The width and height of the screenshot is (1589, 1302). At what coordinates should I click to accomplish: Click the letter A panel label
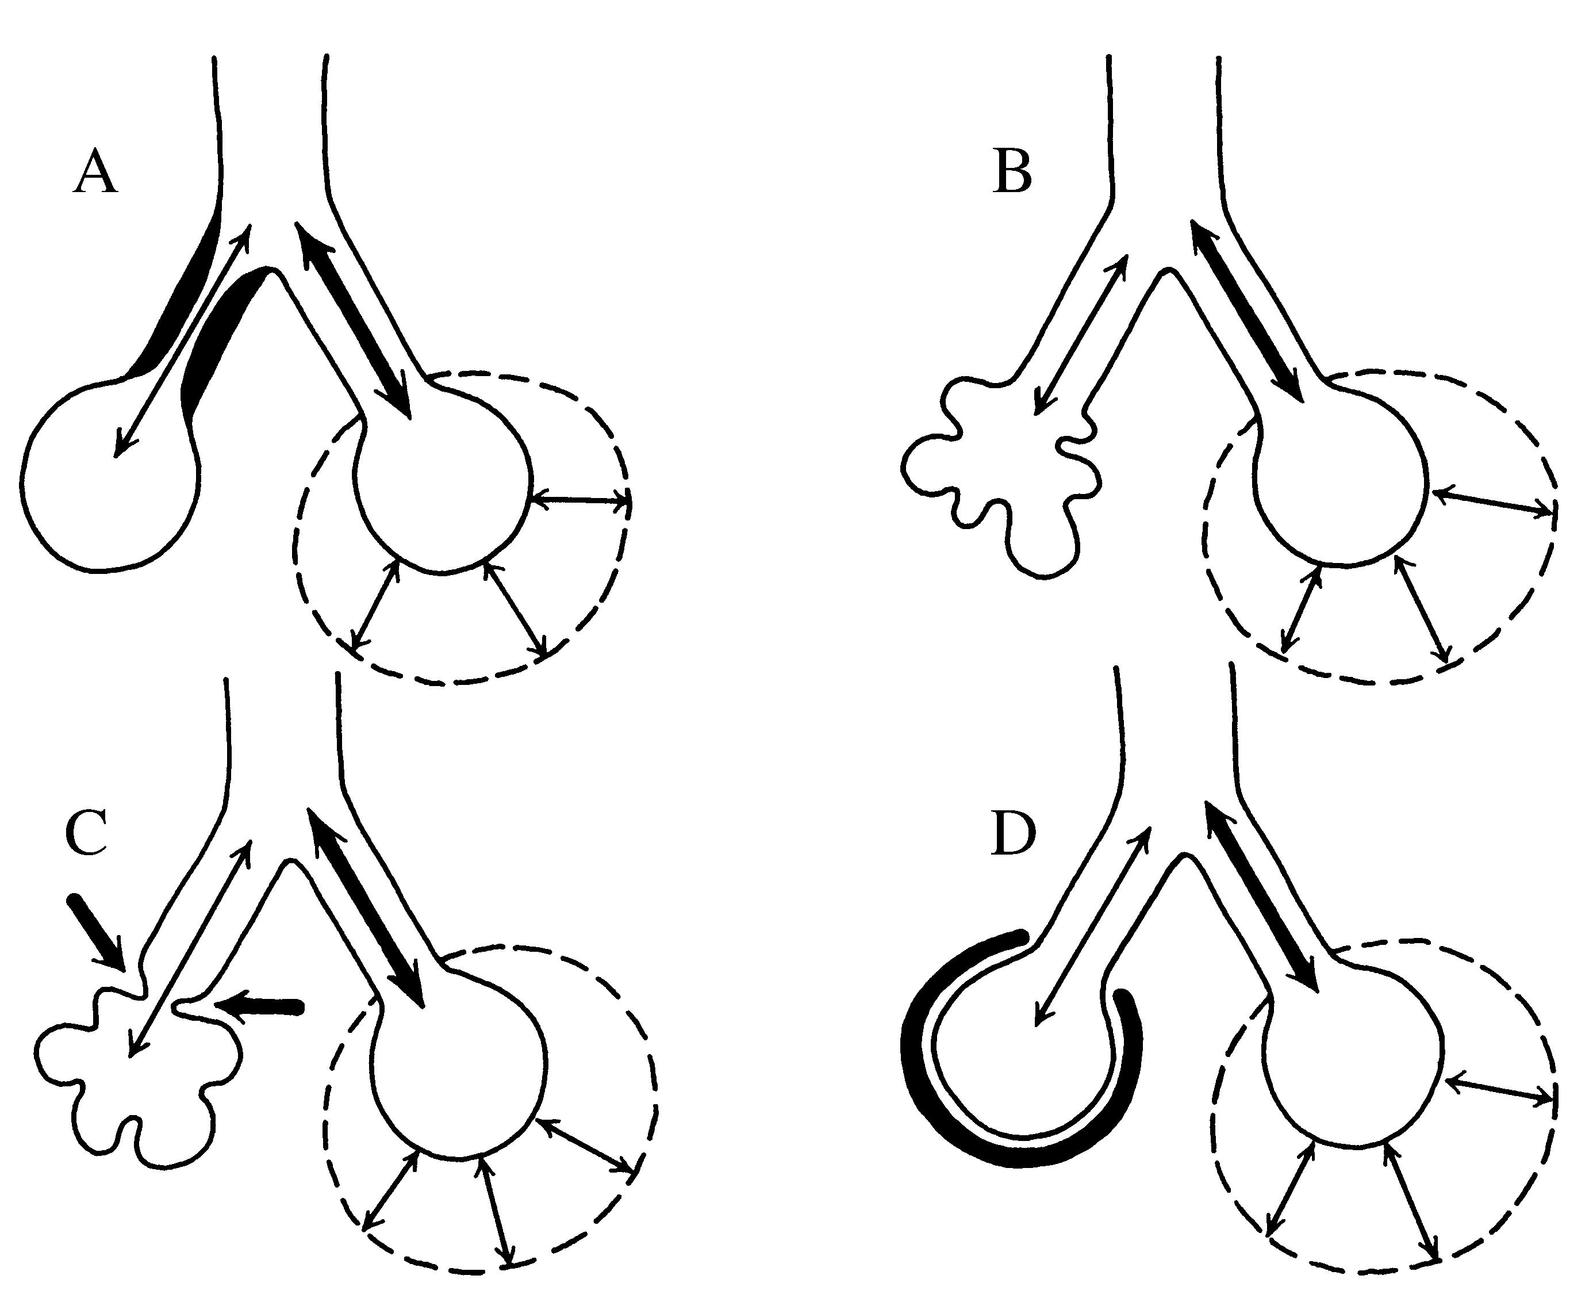tap(95, 173)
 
